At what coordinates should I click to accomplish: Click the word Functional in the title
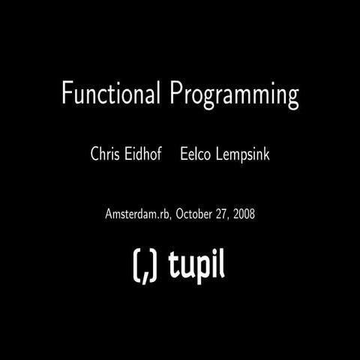pos(112,94)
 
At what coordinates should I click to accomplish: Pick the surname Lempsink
pos(244,156)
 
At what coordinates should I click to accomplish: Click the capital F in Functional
pos(67,94)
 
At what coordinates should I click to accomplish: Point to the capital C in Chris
pos(94,155)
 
